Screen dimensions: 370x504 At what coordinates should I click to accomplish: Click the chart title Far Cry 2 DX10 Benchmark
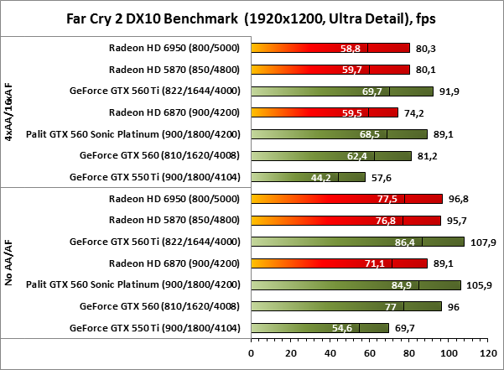pyautogui.click(x=252, y=17)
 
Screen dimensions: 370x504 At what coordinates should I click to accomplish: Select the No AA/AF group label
pyautogui.click(x=9, y=263)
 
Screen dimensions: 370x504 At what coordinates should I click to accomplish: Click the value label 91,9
pyautogui.click(x=449, y=91)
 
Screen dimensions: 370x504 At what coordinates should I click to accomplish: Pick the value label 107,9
pyautogui.click(x=482, y=242)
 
